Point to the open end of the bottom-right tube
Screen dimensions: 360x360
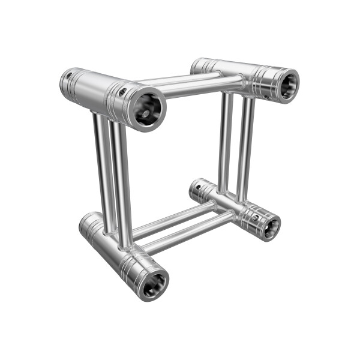(271, 226)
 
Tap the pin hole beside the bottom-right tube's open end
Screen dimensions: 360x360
(256, 217)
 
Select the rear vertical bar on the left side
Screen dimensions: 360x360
(102, 174)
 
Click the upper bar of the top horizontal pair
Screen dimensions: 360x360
(180, 78)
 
